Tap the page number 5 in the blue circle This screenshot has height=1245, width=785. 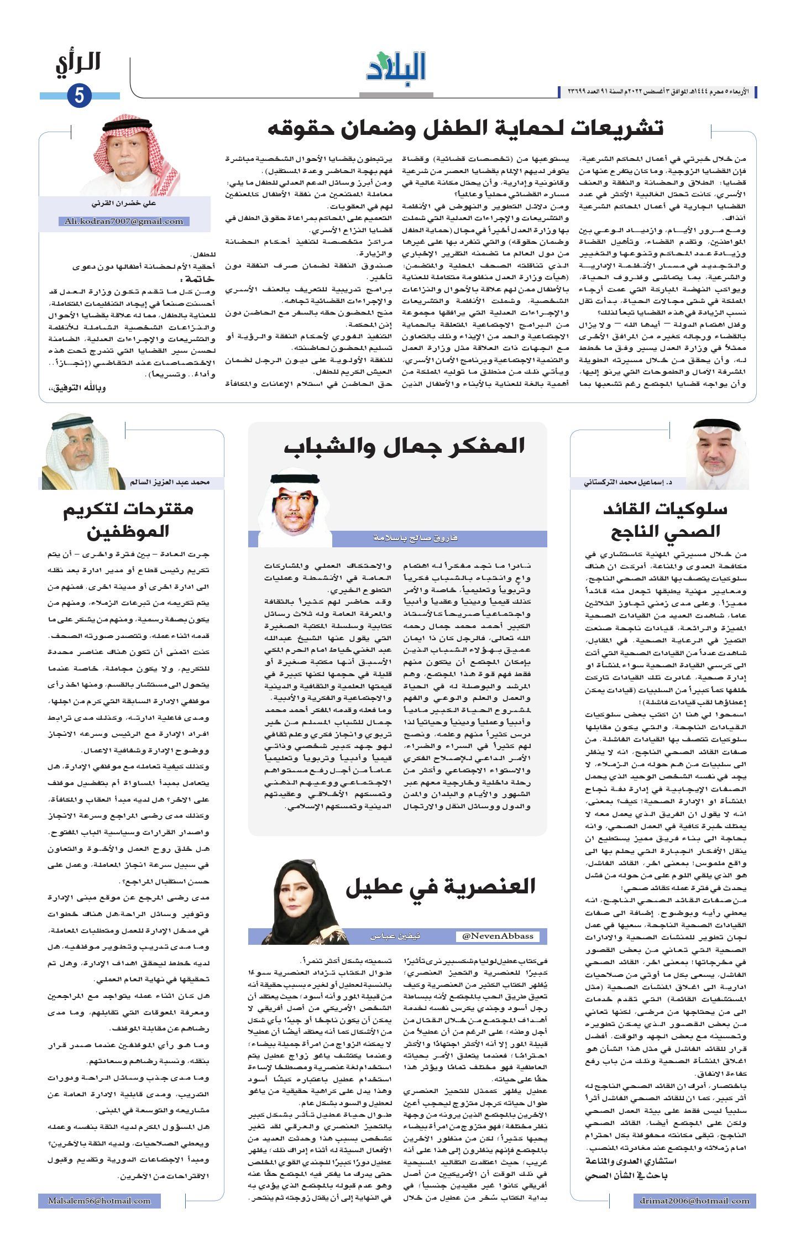[79, 96]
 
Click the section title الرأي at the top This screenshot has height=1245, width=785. [78, 63]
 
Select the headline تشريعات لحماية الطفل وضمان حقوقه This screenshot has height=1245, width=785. [465, 128]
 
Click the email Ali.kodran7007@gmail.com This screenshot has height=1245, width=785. [124, 221]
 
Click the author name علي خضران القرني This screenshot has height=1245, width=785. [124, 203]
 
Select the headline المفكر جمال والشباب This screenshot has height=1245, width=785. [404, 446]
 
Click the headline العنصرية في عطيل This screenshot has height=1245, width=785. [440, 886]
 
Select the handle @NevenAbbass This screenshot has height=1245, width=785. [498, 935]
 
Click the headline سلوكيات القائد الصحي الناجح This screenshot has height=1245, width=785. [665, 520]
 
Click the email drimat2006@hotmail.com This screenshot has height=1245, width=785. [695, 1201]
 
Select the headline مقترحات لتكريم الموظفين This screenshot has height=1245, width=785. [128, 520]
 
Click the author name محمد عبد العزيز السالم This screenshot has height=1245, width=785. [170, 483]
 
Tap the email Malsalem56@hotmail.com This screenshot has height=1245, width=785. [100, 1201]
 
